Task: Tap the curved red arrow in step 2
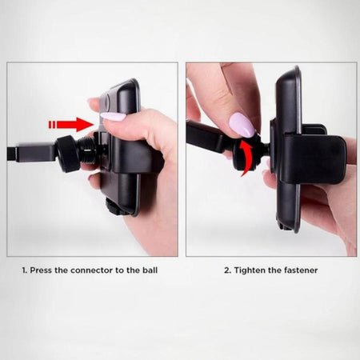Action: pyautogui.click(x=246, y=158)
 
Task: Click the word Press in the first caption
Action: pyautogui.click(x=41, y=270)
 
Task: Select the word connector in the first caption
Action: pyautogui.click(x=92, y=270)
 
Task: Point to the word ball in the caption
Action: pyautogui.click(x=150, y=270)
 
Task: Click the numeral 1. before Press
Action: pyautogui.click(x=25, y=270)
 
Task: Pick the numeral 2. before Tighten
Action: pyautogui.click(x=227, y=270)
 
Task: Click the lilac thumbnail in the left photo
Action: pyautogui.click(x=113, y=117)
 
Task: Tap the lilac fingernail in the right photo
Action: pyautogui.click(x=242, y=125)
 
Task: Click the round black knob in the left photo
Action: pyautogui.click(x=67, y=154)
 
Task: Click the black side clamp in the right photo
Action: pyautogui.click(x=314, y=159)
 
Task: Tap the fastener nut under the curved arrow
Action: pyautogui.click(x=247, y=154)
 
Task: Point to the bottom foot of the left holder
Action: pyautogui.click(x=115, y=207)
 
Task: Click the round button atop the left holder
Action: pyautogui.click(x=107, y=102)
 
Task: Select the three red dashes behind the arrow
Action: pyautogui.click(x=52, y=125)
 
